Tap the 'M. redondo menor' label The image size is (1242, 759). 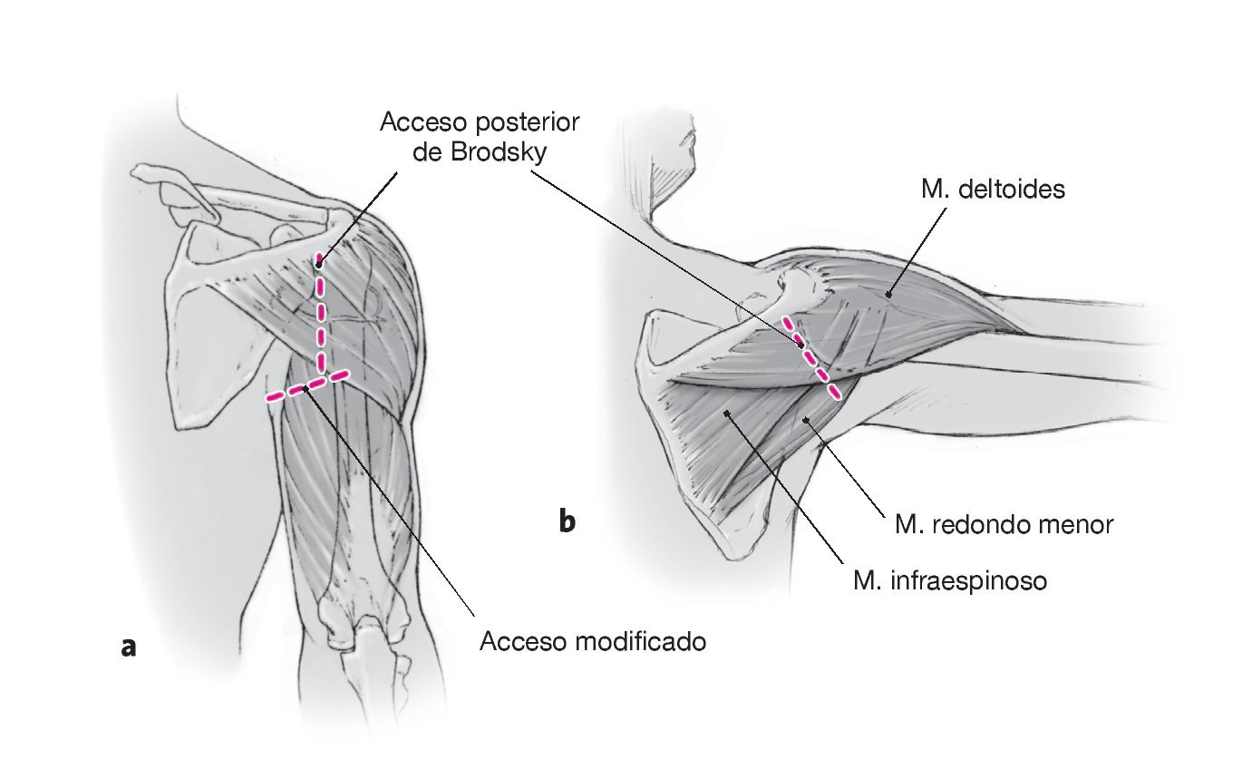click(x=1003, y=524)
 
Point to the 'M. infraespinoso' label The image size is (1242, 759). click(x=950, y=579)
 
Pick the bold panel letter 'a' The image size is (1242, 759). click(x=129, y=647)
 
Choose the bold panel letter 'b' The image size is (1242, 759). click(x=567, y=522)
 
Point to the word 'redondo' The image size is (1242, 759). click(x=985, y=524)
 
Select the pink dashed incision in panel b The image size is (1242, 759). click(x=811, y=358)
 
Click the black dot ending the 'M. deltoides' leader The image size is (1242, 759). click(x=889, y=293)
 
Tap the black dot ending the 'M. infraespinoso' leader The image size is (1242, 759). click(x=727, y=414)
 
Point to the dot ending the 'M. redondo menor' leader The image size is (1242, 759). click(x=806, y=420)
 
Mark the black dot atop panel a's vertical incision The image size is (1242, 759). click(x=319, y=264)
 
